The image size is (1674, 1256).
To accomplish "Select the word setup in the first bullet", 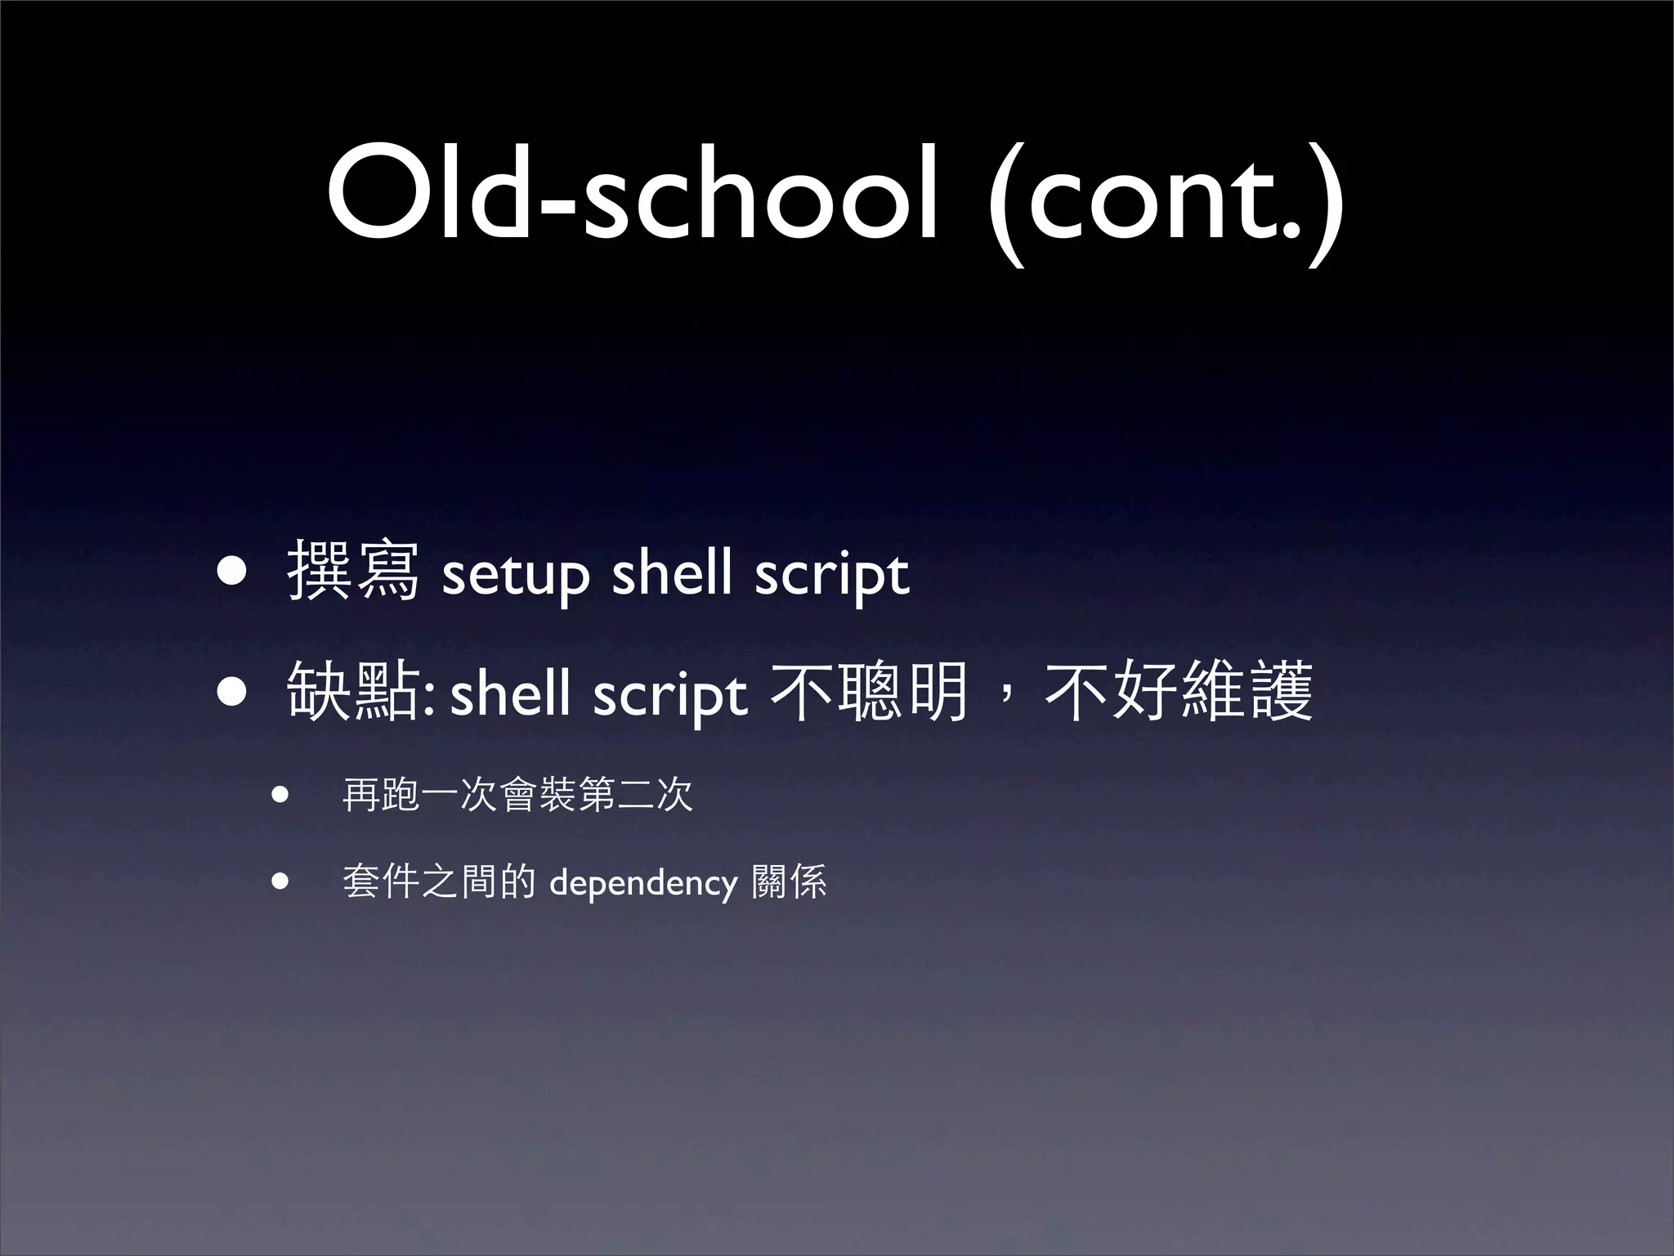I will click(515, 574).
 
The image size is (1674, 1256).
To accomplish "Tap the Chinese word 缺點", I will click(351, 693).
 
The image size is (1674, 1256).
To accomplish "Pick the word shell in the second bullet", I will click(510, 693).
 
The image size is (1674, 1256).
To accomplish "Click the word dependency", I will click(643, 884).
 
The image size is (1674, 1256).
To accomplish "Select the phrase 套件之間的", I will click(439, 882).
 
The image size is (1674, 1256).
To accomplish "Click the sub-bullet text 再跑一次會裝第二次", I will click(517, 795).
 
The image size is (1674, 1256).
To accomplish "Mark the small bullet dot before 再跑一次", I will click(280, 794).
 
